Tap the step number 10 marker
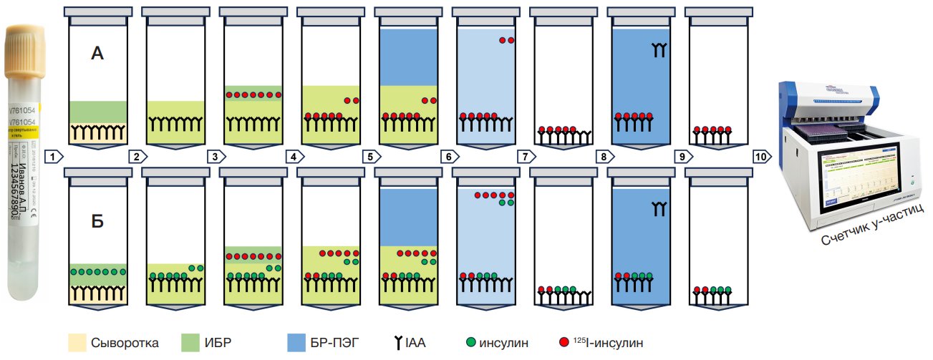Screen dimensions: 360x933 pyautogui.click(x=762, y=155)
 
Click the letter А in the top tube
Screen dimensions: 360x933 pyautogui.click(x=98, y=53)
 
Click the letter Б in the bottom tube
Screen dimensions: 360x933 pyautogui.click(x=98, y=221)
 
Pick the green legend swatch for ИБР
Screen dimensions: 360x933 pyautogui.click(x=190, y=342)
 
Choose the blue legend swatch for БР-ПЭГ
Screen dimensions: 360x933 pyautogui.click(x=296, y=342)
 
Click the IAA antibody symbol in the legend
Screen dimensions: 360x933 pyautogui.click(x=397, y=343)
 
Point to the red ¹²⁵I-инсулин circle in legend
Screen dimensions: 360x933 pyautogui.click(x=564, y=343)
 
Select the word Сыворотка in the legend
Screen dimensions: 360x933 pyautogui.click(x=125, y=343)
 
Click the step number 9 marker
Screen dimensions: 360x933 pyautogui.click(x=680, y=155)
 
